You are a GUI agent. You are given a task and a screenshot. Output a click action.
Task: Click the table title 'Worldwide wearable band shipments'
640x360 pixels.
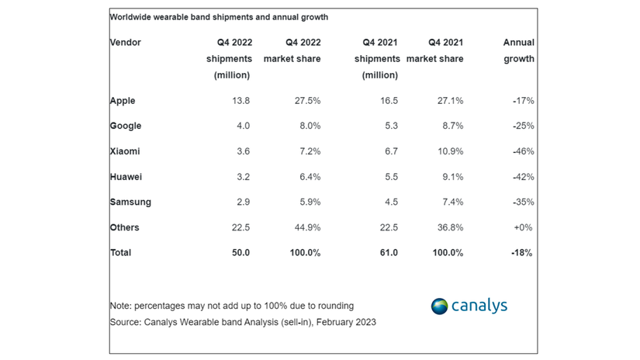coord(219,17)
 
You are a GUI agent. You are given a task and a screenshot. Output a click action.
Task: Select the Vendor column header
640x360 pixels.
coord(126,43)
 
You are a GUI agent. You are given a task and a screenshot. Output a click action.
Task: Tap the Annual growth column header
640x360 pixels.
coord(518,50)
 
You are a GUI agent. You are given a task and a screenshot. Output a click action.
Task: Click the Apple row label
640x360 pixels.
coord(123,101)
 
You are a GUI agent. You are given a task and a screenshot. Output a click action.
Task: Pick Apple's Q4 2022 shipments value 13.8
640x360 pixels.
coord(240,101)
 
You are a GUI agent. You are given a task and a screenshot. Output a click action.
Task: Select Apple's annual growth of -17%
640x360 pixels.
coord(522,101)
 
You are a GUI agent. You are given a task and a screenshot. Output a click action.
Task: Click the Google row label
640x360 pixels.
coord(126,126)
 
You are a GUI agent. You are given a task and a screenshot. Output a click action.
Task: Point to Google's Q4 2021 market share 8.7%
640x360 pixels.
coord(450,126)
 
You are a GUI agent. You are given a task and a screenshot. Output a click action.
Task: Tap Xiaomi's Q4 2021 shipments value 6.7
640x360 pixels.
coord(392,151)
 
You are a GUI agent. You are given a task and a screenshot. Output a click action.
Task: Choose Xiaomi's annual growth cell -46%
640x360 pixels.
coord(522,151)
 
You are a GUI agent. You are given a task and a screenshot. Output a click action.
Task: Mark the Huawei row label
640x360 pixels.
coord(126,177)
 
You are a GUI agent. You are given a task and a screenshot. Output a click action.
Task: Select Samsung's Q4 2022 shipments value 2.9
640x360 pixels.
coord(243,202)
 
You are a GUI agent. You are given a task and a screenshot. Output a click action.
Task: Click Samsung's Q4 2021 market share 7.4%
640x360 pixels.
coord(450,202)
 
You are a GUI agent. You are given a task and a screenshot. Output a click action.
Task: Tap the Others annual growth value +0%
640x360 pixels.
coord(524,227)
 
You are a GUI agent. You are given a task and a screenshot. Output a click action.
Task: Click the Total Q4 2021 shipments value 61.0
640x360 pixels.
coord(389,253)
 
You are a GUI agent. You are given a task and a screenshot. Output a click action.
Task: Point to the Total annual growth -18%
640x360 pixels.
coord(521,253)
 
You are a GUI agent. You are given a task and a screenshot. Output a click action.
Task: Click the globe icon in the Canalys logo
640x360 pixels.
coord(439,306)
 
